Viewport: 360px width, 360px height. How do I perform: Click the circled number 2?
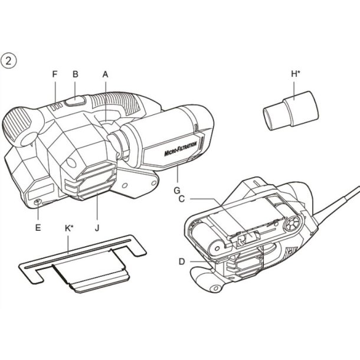tap(10, 60)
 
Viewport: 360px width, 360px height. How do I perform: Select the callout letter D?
tap(184, 260)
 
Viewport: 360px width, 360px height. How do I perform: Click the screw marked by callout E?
tap(39, 203)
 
